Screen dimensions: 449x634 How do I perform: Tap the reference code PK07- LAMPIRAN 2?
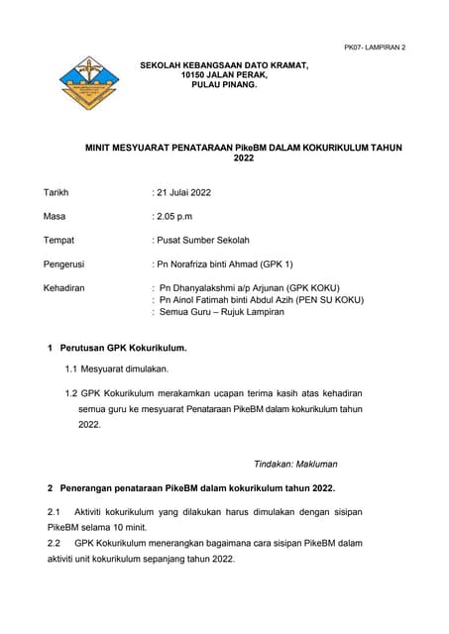coord(374,48)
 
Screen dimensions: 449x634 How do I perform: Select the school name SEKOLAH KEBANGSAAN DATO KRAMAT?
coord(224,65)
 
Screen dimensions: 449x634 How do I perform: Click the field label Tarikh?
coord(56,191)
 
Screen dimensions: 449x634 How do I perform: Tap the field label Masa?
coord(55,215)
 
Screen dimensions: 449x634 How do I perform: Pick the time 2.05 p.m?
coord(176,215)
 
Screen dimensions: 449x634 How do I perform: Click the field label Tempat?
coord(58,240)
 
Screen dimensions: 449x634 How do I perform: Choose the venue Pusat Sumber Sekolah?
coord(203,240)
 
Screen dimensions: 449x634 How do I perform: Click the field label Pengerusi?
coord(64,264)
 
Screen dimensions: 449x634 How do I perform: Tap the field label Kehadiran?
coord(64,288)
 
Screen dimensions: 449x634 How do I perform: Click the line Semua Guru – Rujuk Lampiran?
coord(222,312)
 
